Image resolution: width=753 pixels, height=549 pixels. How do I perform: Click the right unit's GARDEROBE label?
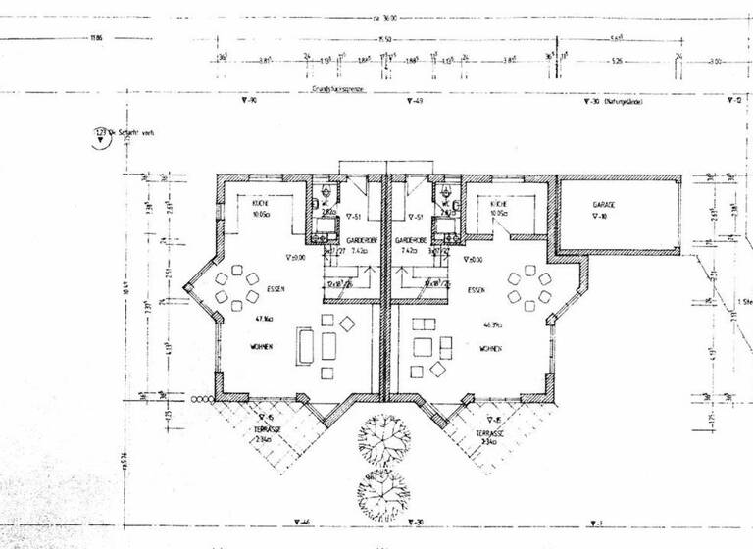coord(407,240)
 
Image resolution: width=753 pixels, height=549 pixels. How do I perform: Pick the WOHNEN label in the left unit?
coord(261,348)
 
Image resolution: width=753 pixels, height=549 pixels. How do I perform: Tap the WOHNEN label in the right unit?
coord(490,348)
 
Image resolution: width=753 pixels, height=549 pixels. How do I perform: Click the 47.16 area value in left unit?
coord(263,319)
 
